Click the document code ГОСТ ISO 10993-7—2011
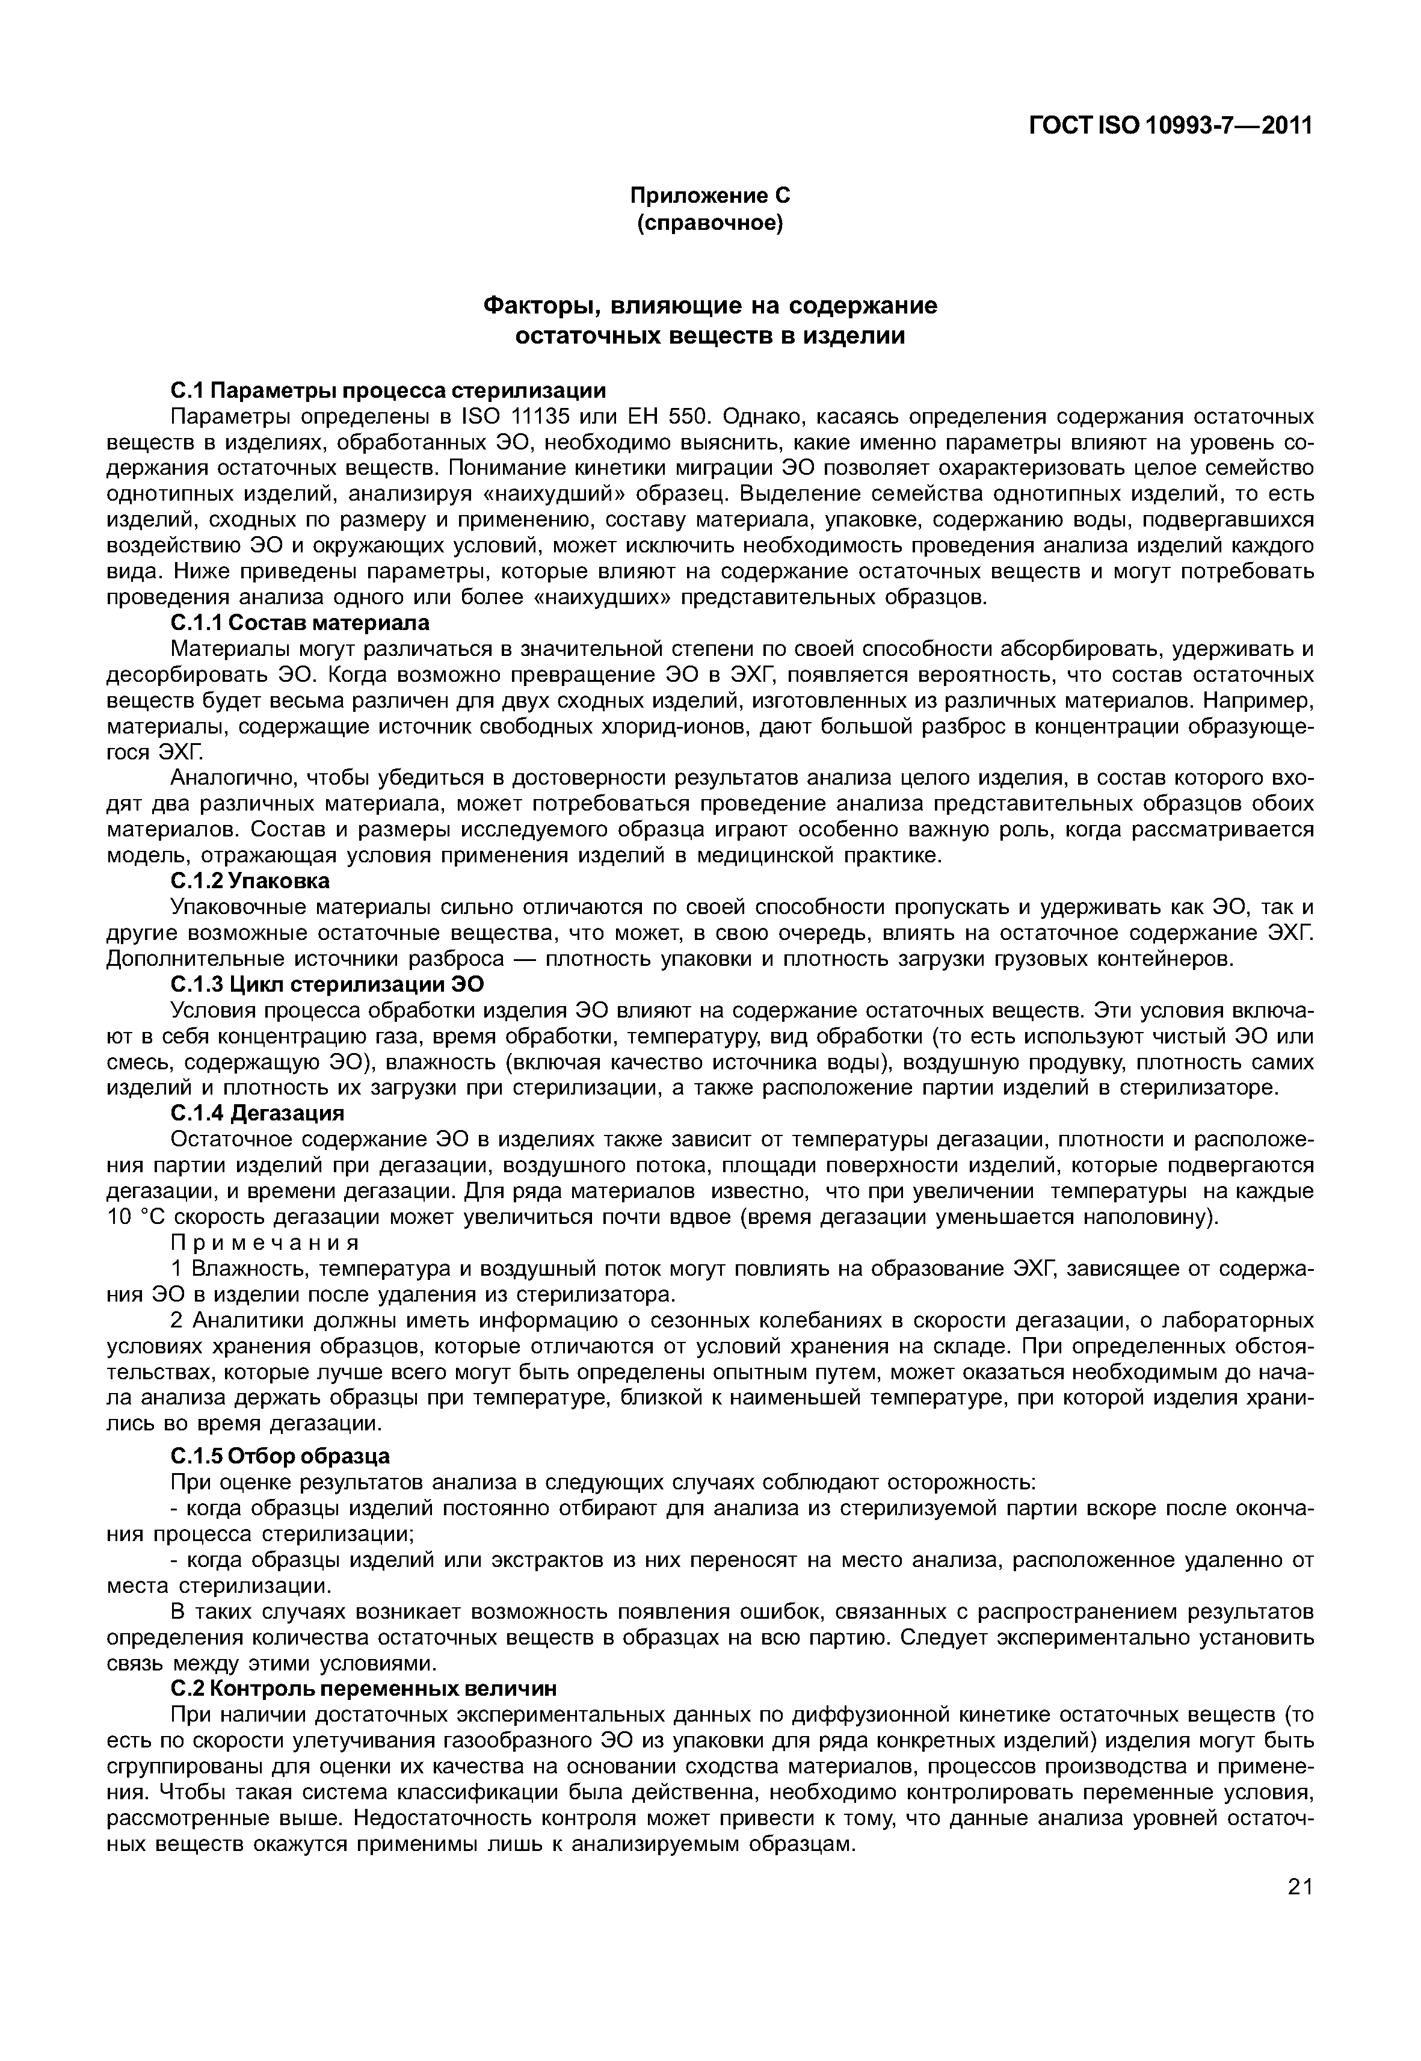pos(1170,126)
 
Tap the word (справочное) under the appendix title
pos(710,223)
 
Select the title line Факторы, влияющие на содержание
pos(710,306)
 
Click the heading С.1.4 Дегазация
pos(256,1114)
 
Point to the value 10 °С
pos(133,1217)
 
